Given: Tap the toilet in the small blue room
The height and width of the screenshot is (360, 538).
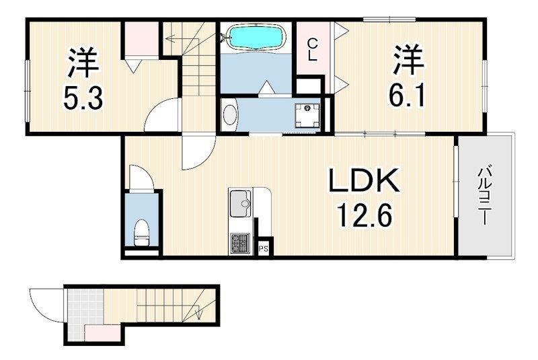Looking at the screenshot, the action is tap(141, 233).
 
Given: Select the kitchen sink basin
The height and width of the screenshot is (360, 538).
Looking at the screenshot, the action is tap(240, 203).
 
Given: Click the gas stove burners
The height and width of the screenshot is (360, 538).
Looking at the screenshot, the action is tap(240, 243).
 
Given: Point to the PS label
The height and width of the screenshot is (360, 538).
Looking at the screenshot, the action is tap(264, 249).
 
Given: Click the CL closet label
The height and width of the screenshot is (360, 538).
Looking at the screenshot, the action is tap(312, 50).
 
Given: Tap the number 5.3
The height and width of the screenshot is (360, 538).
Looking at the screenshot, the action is tap(83, 98).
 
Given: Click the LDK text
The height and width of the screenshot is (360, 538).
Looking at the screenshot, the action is tap(364, 180).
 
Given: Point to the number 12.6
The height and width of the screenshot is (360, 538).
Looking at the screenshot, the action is tap(364, 215).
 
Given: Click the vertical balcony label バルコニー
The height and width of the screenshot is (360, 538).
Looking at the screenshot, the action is tap(484, 196).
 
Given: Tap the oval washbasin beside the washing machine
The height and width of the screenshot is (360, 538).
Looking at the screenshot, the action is tap(230, 115).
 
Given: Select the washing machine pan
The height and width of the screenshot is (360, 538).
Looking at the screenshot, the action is tap(307, 115).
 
